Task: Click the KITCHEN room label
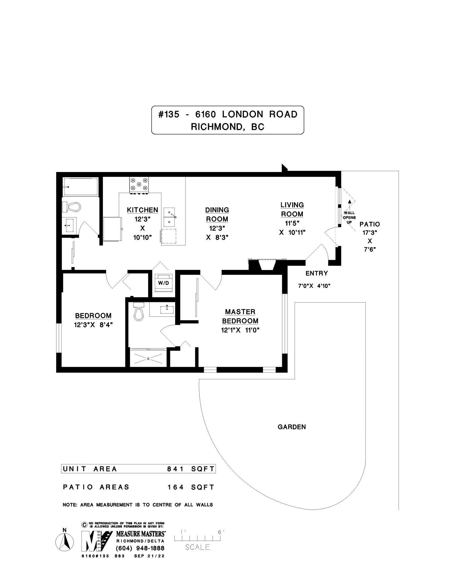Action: tap(142, 210)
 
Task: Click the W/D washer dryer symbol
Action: tap(161, 283)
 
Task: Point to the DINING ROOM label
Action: tap(217, 215)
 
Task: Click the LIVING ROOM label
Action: tap(292, 209)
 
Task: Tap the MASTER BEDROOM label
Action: tap(240, 316)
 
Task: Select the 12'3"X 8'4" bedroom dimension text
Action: tap(93, 325)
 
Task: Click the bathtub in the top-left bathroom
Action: tap(80, 187)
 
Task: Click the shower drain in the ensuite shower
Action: tap(149, 358)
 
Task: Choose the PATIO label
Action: tap(370, 224)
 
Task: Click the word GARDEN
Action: tap(292, 427)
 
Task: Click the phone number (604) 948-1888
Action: tap(140, 548)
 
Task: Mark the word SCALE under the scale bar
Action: tap(197, 547)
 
